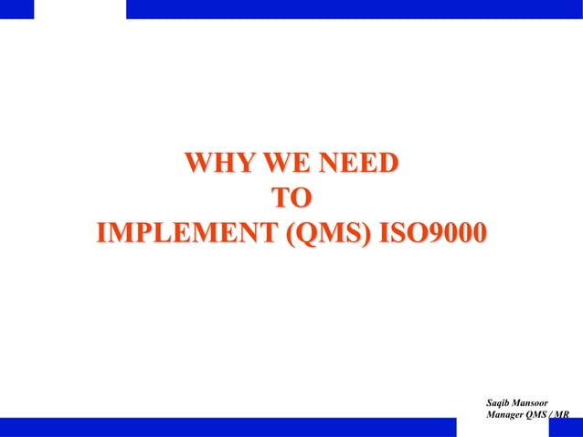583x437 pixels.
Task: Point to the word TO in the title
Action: (292, 198)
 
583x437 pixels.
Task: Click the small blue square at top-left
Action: (16, 9)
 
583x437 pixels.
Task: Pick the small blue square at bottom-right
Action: (566, 428)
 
